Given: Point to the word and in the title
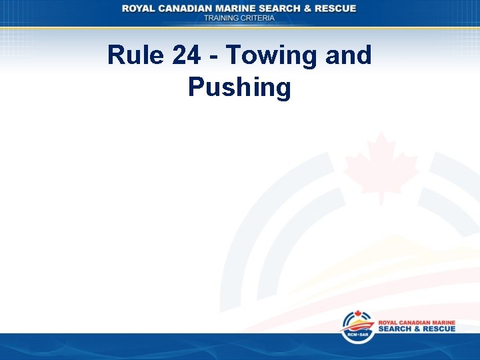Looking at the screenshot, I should tap(348, 55).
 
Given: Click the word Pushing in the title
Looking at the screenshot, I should tap(239, 87).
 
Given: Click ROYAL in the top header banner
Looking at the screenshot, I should tap(140, 8).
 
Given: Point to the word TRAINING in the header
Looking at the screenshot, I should tap(223, 18).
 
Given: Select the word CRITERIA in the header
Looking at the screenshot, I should tap(259, 18).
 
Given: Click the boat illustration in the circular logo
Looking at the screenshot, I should tap(357, 327).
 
